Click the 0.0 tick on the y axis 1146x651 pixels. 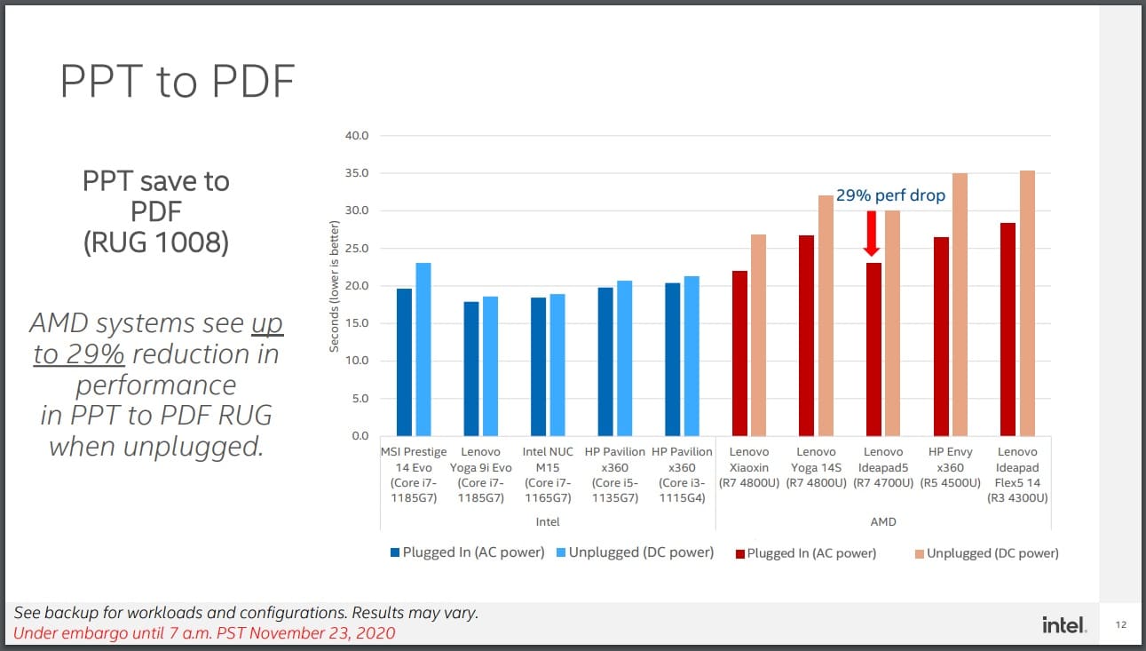[x=359, y=436]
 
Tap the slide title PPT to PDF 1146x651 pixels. [x=177, y=82]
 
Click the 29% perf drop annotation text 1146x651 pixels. [x=890, y=195]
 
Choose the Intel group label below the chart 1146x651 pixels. [x=548, y=522]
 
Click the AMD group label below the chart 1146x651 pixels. [x=883, y=522]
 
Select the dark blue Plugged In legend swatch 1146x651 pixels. [x=394, y=552]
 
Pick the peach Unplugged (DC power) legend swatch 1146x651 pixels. [x=918, y=553]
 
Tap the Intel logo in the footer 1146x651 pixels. [x=1063, y=625]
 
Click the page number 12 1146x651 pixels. [x=1120, y=626]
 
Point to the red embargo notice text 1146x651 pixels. [x=204, y=633]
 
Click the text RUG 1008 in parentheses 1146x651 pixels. [x=155, y=242]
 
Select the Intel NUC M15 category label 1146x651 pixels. [x=548, y=474]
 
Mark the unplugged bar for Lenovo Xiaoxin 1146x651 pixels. [x=758, y=336]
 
